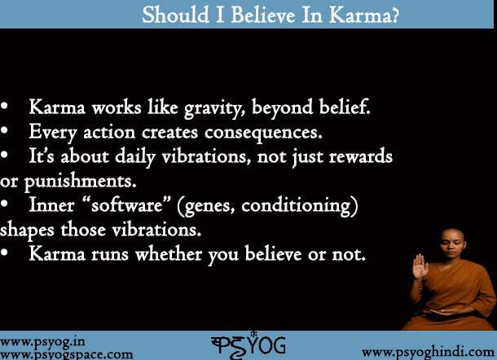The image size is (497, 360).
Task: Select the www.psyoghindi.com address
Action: coord(426,351)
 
